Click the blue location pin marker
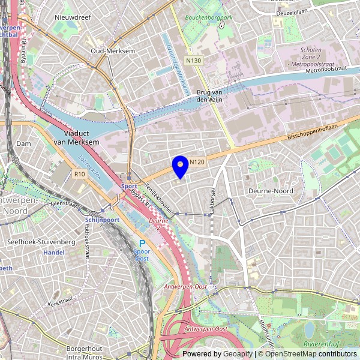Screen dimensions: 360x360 [180, 165]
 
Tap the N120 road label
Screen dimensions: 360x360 [198, 162]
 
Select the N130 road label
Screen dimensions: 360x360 [193, 61]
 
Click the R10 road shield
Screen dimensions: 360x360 [80, 173]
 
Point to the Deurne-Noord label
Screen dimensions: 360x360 [269, 191]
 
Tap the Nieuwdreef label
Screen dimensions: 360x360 [72, 18]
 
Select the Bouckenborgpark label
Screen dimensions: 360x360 [208, 18]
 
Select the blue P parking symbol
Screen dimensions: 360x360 [142, 243]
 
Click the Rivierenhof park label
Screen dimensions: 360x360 [322, 344]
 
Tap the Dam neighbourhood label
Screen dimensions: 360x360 [23, 144]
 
